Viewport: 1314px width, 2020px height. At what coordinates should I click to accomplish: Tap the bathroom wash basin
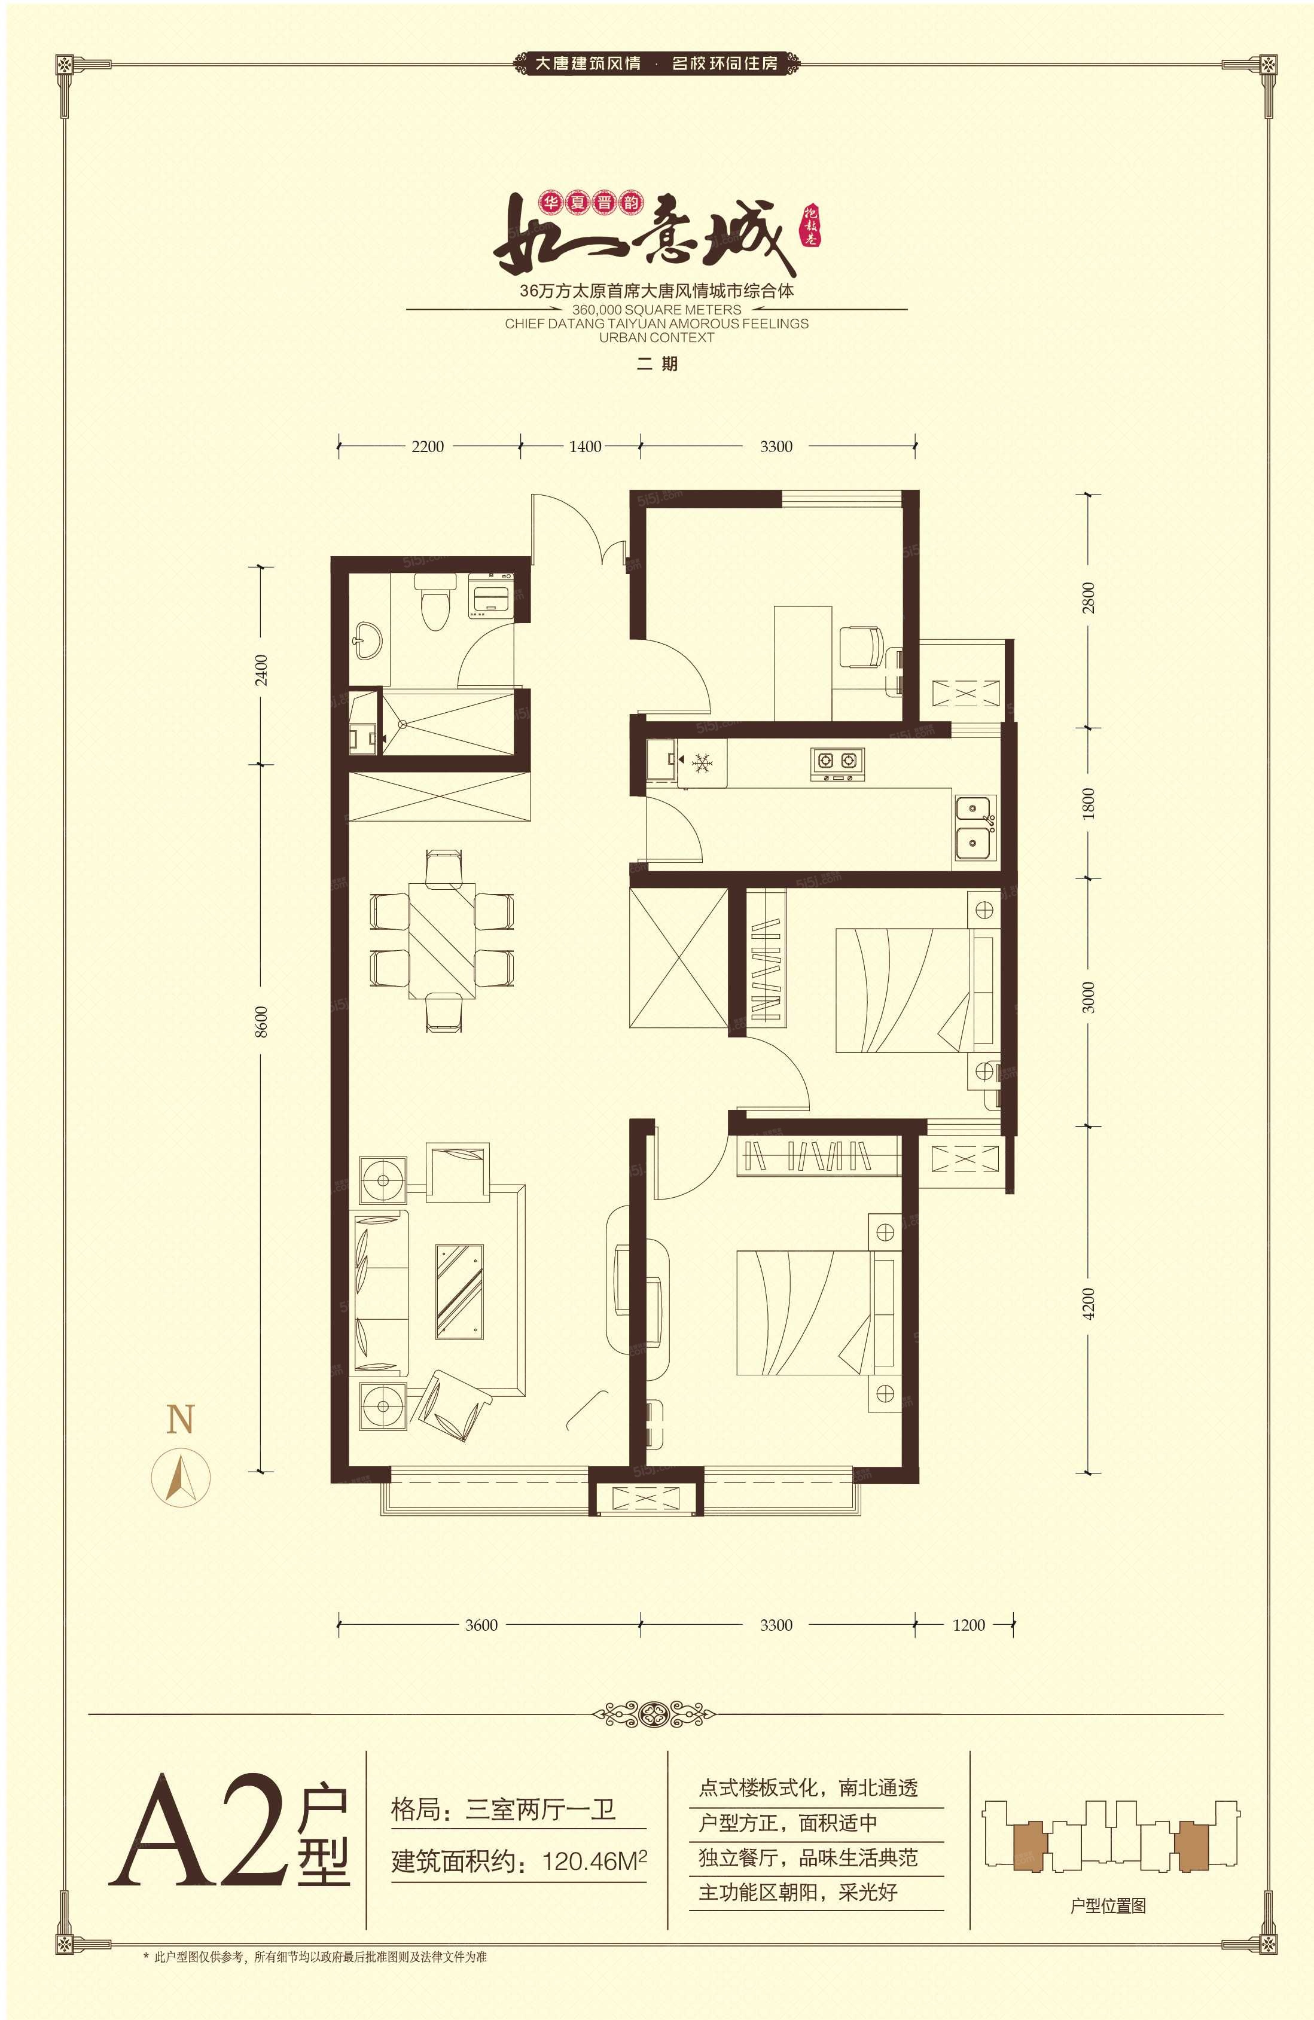pos(368,638)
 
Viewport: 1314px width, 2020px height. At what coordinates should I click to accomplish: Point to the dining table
pos(441,941)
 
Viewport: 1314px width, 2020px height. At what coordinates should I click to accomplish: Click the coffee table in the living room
pos(459,1292)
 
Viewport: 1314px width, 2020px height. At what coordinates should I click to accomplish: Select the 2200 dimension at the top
pos(427,447)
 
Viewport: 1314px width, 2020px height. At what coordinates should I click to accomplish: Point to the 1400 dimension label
pos(585,447)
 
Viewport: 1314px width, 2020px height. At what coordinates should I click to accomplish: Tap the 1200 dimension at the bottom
pos(968,1625)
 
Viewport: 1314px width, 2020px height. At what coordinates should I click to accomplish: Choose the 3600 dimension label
pos(481,1625)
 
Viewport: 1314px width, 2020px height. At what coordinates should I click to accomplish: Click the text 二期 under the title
pos(657,365)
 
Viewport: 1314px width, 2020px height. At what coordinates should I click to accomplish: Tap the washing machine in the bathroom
pos(490,594)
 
